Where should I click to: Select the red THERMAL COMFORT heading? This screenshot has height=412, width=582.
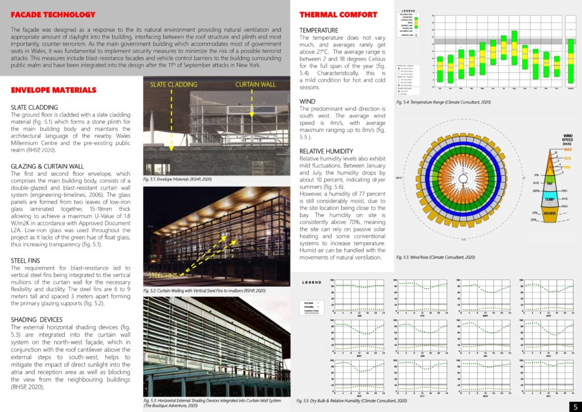[x=338, y=14]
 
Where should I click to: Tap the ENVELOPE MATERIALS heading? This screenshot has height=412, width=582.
[x=54, y=90]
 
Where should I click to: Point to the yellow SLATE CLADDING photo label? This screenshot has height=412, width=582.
[x=173, y=84]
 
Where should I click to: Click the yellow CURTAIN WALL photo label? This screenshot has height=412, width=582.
[x=256, y=84]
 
